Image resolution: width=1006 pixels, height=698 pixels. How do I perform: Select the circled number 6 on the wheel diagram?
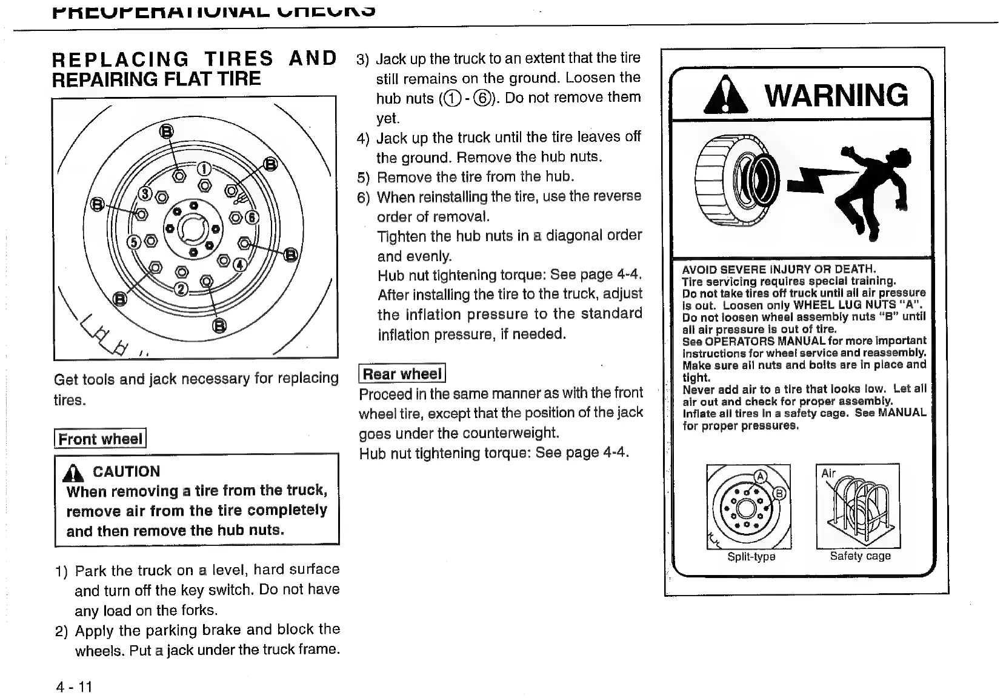252,218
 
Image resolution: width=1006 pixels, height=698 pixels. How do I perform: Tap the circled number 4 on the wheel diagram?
240,265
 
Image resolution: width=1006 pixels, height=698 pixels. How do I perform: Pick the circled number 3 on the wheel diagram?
145,194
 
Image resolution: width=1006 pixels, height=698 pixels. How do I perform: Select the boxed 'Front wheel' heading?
100,439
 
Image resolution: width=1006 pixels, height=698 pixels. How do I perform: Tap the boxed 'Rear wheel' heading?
402,374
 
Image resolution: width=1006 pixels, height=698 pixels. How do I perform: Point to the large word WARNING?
836,95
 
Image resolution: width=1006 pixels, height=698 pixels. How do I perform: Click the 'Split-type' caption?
751,556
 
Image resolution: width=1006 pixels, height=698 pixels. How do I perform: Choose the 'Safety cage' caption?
860,556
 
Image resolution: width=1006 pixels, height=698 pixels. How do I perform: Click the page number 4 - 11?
74,686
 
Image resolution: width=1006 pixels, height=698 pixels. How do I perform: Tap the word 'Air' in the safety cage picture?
828,473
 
